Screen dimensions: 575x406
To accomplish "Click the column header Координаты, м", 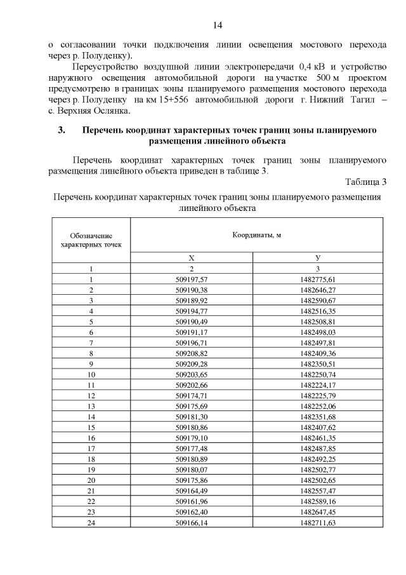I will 256,234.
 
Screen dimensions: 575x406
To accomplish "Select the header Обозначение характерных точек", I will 91,239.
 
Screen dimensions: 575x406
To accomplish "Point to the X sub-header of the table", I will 191,257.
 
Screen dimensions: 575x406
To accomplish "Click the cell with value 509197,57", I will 191,279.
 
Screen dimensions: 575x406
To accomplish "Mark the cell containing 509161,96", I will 191,501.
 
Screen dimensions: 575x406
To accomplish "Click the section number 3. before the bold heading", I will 62,130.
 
